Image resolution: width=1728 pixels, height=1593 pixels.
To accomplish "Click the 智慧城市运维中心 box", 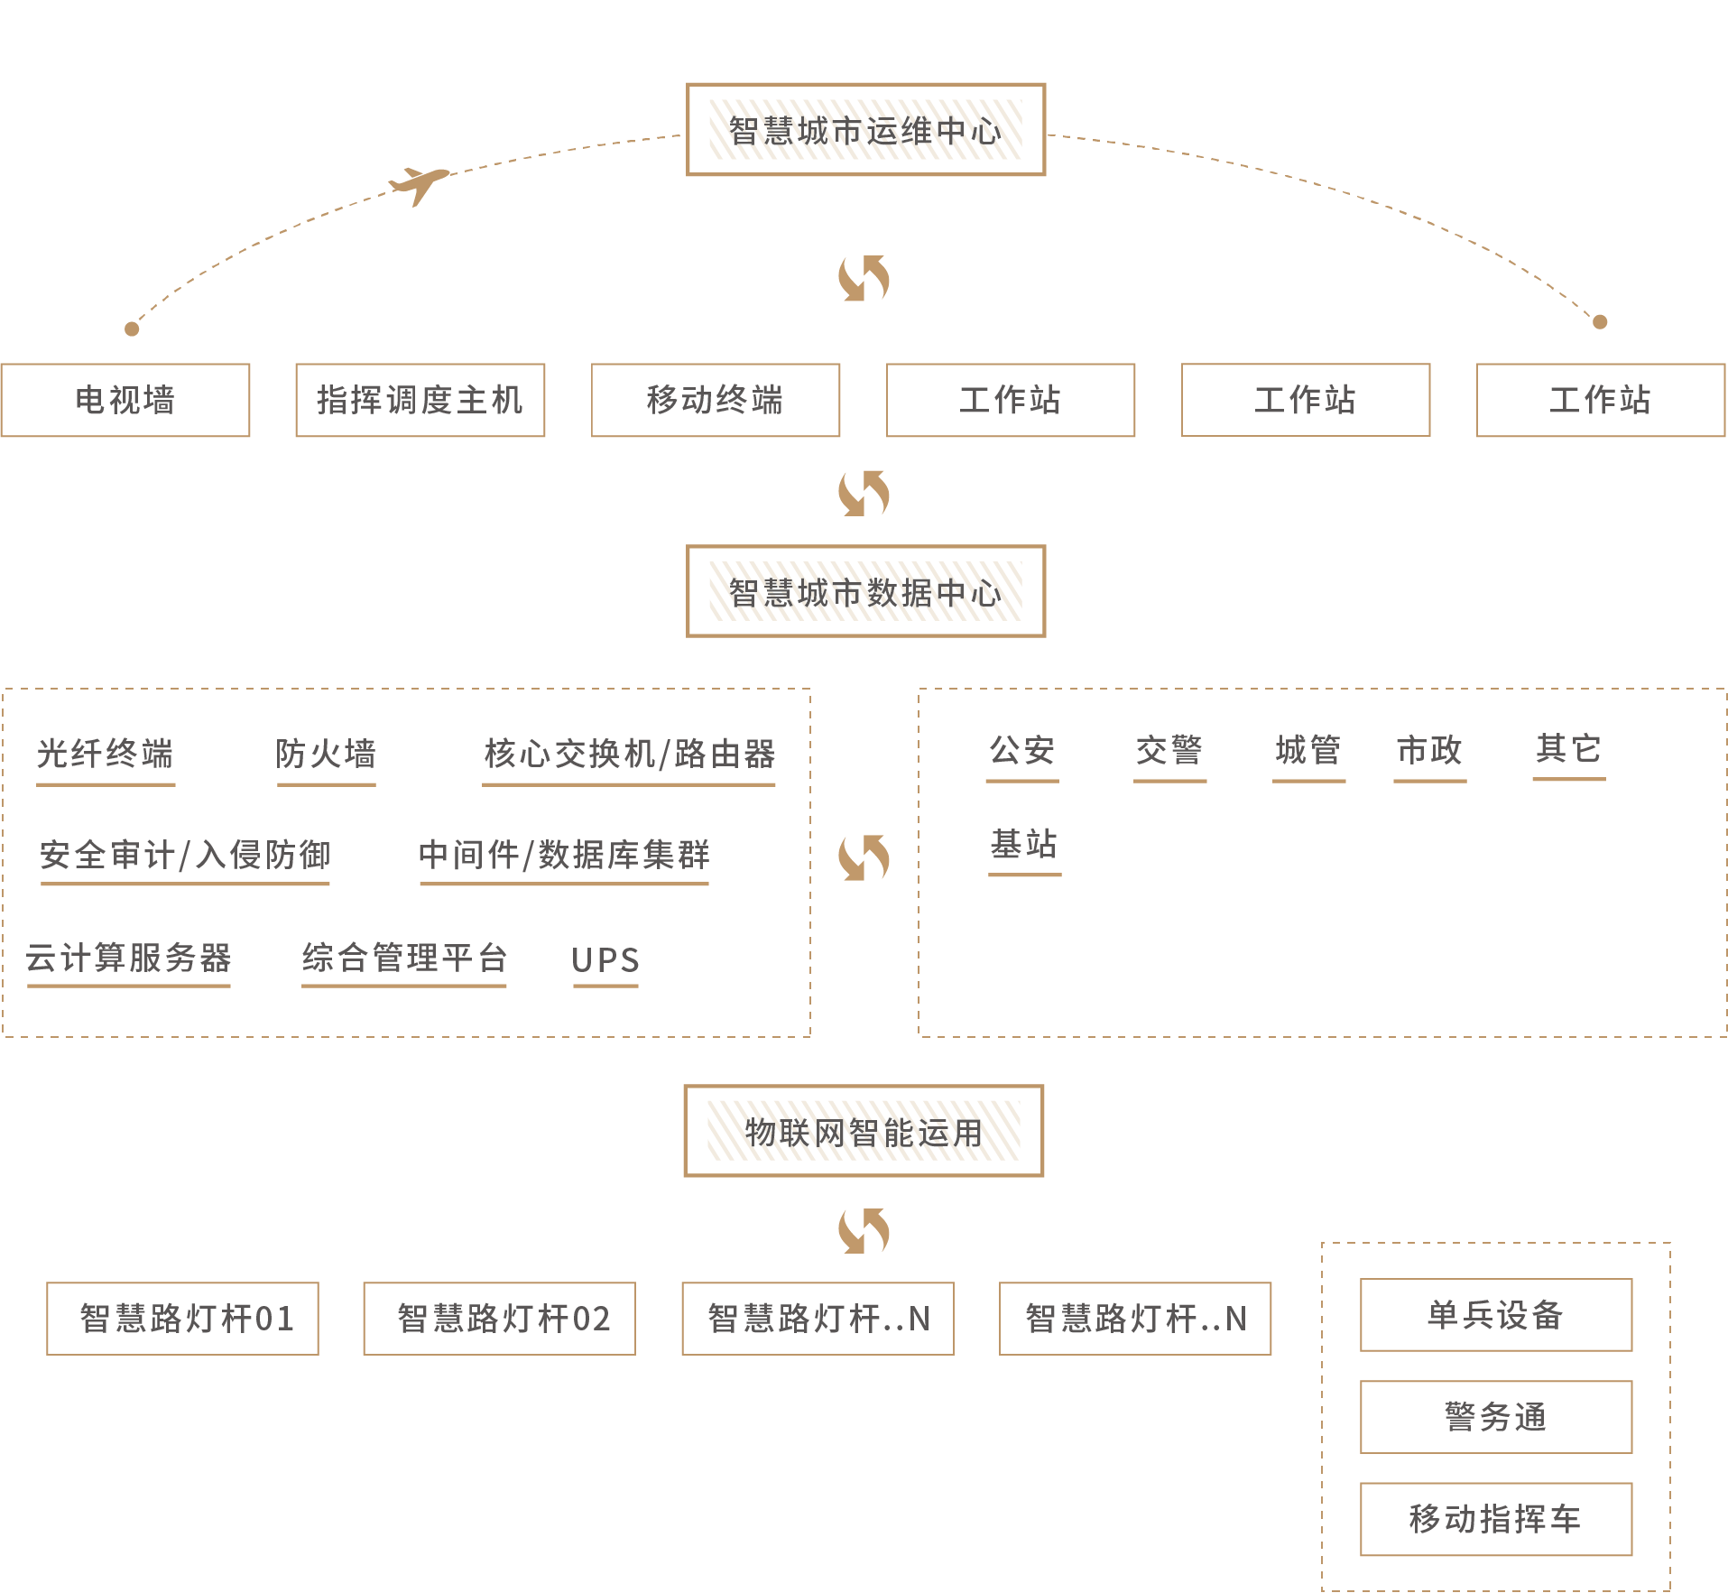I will pos(865,130).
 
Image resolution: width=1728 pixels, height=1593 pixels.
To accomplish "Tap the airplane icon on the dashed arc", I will pos(420,184).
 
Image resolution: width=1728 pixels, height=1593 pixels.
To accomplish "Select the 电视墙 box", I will pos(125,400).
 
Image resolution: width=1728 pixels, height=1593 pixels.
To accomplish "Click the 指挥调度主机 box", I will pos(420,400).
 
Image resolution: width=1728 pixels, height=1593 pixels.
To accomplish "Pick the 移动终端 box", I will pos(716,400).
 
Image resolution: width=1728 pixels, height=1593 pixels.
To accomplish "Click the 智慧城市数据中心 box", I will pos(865,592).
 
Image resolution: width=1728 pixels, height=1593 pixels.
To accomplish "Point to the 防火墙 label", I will pos(326,755).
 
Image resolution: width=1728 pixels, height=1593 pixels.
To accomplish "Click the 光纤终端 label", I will pos(106,755).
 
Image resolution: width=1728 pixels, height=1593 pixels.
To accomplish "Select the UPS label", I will pos(605,960).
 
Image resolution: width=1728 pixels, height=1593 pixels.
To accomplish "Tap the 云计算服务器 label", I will pos(129,959).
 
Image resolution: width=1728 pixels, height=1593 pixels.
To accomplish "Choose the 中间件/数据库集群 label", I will pos(564,855).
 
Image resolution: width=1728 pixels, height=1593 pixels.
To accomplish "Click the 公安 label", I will pos(1022,751).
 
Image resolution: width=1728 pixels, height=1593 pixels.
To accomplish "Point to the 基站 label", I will pos(1024,845).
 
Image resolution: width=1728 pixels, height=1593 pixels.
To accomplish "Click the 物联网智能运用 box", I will pos(864,1132).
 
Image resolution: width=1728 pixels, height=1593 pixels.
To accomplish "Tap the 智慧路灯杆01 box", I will pos(182,1319).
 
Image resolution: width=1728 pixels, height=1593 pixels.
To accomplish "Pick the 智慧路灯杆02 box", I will pos(499,1319).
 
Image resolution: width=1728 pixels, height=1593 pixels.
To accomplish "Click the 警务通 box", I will pos(1496,1417).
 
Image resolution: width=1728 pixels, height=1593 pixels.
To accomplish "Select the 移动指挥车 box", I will pos(1496,1519).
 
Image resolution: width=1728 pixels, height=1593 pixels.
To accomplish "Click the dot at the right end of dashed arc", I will pos(1600,322).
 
